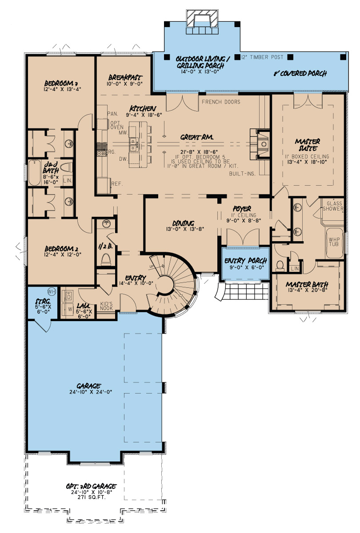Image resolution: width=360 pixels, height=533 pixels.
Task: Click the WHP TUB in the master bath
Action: coord(334,243)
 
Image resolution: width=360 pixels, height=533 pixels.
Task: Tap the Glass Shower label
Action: coord(332,206)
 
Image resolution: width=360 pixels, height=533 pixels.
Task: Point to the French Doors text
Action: coord(221,102)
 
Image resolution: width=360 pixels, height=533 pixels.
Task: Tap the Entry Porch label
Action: coord(246,261)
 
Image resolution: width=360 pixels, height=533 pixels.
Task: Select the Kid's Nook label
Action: coord(106,306)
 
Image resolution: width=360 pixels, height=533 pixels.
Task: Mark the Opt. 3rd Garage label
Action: coord(89,486)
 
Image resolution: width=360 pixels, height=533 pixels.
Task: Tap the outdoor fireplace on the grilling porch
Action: coord(202,20)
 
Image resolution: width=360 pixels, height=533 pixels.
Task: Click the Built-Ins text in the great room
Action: coord(242,174)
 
